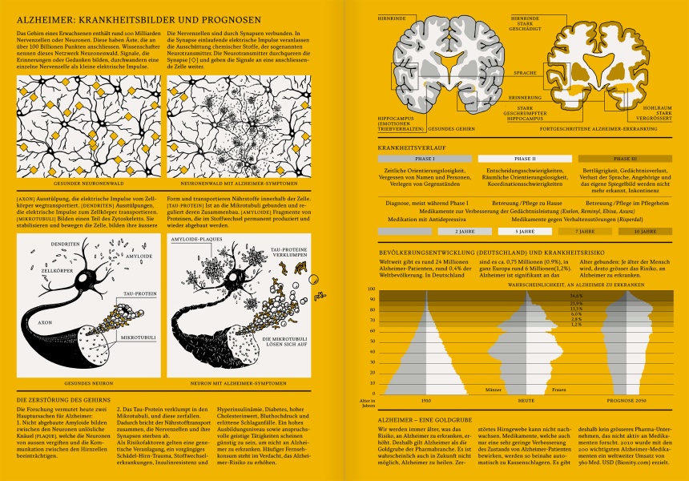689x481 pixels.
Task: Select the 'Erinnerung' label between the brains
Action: (x=502, y=95)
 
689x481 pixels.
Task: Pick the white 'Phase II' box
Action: (x=526, y=159)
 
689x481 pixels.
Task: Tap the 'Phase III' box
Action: (x=625, y=159)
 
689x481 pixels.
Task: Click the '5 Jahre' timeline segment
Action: (x=526, y=231)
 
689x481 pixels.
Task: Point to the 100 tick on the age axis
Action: (x=372, y=289)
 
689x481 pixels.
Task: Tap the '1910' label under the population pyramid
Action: (x=426, y=398)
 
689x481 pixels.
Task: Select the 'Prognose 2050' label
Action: (x=626, y=398)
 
